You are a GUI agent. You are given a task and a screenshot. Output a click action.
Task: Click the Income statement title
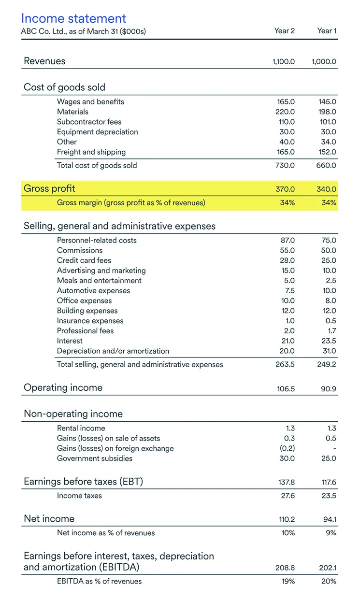coord(73,18)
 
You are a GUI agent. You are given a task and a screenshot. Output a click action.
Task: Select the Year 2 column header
coord(285,31)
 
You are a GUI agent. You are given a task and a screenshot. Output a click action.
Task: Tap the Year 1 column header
coord(327,31)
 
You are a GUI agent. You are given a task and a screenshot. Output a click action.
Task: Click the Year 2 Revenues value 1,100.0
coord(284,62)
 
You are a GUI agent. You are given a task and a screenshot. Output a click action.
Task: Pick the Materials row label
coord(72,112)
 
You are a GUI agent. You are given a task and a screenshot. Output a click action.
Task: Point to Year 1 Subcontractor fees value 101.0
coord(327,122)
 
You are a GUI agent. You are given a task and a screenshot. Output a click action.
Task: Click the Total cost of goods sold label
coord(97,165)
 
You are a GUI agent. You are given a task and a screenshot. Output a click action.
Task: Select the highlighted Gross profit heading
coord(49,188)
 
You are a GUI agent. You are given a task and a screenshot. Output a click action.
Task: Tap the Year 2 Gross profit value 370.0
coord(285,189)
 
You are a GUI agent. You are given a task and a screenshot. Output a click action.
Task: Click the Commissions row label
coord(80,250)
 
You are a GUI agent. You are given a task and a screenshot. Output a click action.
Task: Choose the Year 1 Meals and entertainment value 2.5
coord(331,281)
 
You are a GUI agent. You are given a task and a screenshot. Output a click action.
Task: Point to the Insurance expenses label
coord(90,321)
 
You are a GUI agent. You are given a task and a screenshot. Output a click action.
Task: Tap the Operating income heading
coord(63,387)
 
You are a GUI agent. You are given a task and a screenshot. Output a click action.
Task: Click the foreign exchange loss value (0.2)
coord(288,448)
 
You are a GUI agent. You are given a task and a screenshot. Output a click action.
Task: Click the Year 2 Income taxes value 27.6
coord(287,496)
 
